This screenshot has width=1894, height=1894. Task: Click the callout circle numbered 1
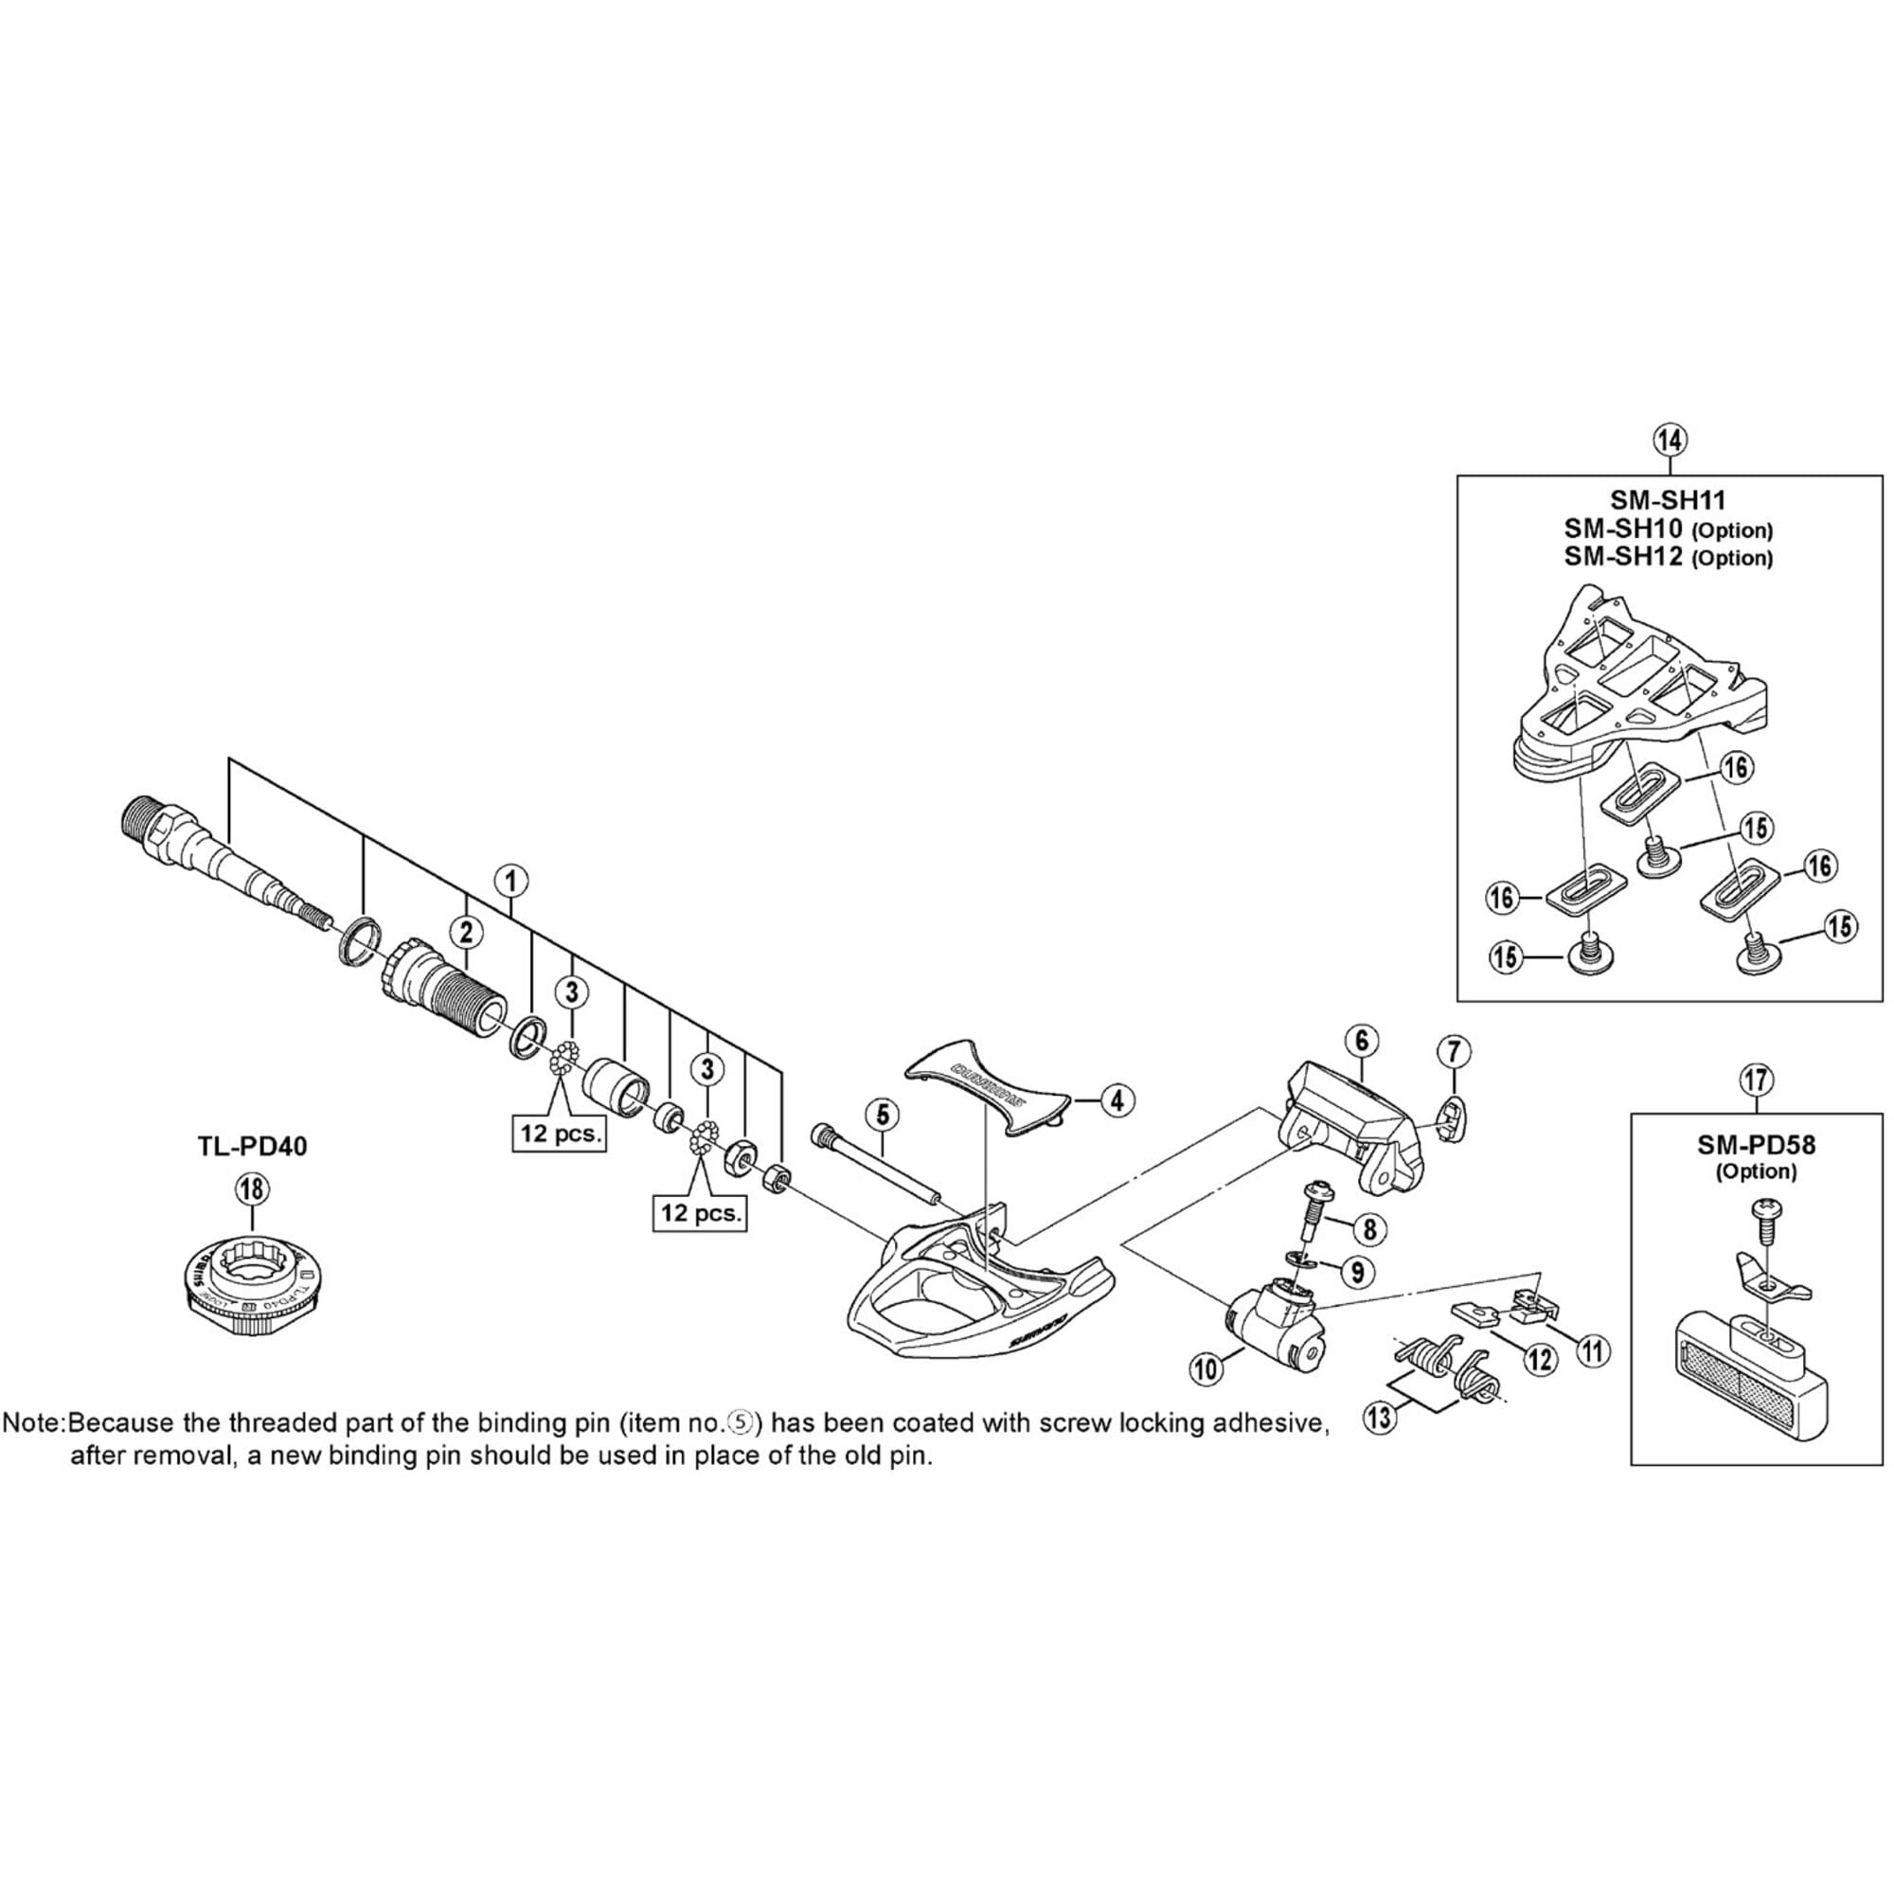point(510,881)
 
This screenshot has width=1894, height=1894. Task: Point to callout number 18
point(252,1190)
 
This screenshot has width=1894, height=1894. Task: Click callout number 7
point(1454,1053)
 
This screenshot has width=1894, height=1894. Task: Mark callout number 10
point(1206,1368)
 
